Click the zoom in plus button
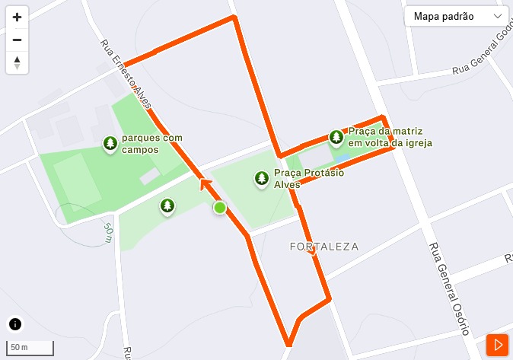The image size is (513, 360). tap(17, 17)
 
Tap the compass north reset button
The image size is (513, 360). tap(17, 62)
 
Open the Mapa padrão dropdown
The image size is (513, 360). tap(457, 16)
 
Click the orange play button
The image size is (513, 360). tap(497, 345)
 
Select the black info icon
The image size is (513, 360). tap(15, 323)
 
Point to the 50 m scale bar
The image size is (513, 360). tap(30, 348)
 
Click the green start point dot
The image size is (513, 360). tap(219, 207)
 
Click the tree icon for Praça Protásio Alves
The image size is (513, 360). tap(262, 178)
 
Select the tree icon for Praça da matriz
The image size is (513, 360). tap(336, 137)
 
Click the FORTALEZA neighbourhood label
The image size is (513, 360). tap(324, 247)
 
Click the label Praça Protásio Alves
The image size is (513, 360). tap(309, 178)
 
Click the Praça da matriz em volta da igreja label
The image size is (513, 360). tap(390, 137)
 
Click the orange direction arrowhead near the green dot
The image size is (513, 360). tap(205, 183)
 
